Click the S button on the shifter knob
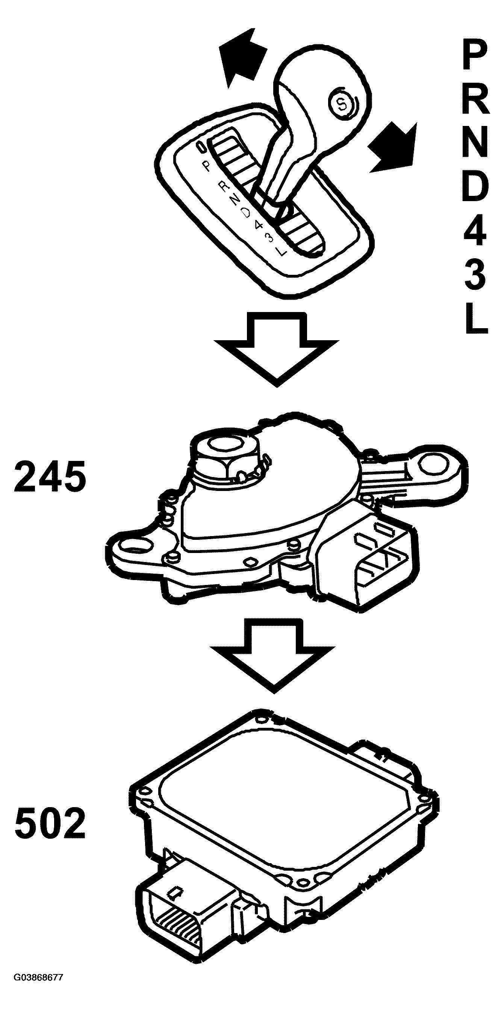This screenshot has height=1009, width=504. click(342, 104)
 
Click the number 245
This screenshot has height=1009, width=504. click(50, 477)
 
